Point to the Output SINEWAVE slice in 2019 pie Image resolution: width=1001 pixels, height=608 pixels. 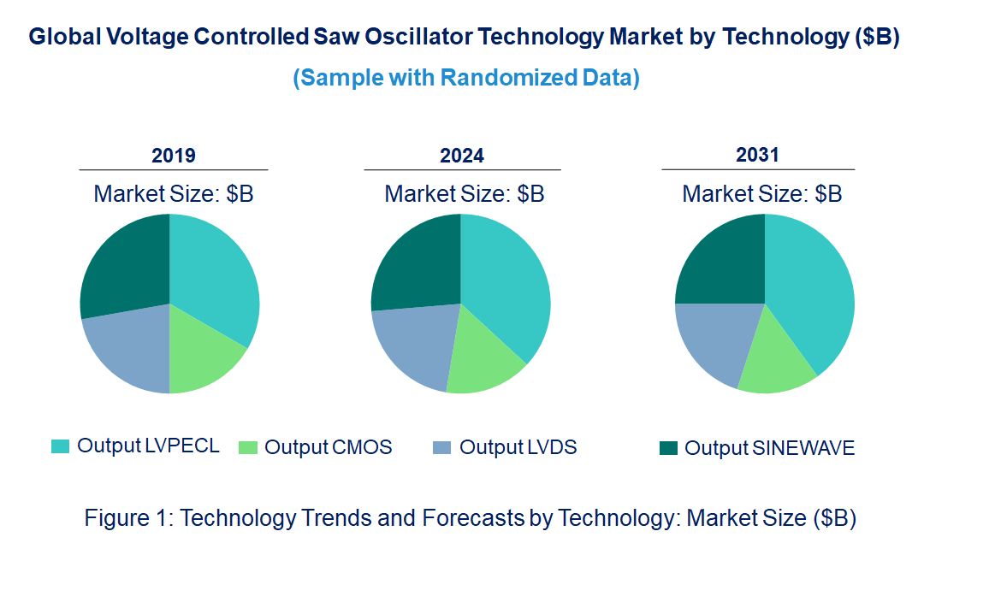124,265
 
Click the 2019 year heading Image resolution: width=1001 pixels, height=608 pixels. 174,156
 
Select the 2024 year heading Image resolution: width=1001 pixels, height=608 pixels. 462,156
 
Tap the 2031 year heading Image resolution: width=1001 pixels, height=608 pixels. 758,155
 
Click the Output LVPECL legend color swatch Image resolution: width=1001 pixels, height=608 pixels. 60,446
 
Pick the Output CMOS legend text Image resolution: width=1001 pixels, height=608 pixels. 329,447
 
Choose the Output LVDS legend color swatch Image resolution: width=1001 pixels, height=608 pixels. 441,447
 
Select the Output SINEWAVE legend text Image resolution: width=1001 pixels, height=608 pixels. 769,448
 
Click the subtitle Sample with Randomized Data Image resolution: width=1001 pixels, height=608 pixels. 466,78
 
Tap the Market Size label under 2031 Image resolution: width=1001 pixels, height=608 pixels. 761,194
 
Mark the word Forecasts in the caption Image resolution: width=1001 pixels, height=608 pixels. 468,518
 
